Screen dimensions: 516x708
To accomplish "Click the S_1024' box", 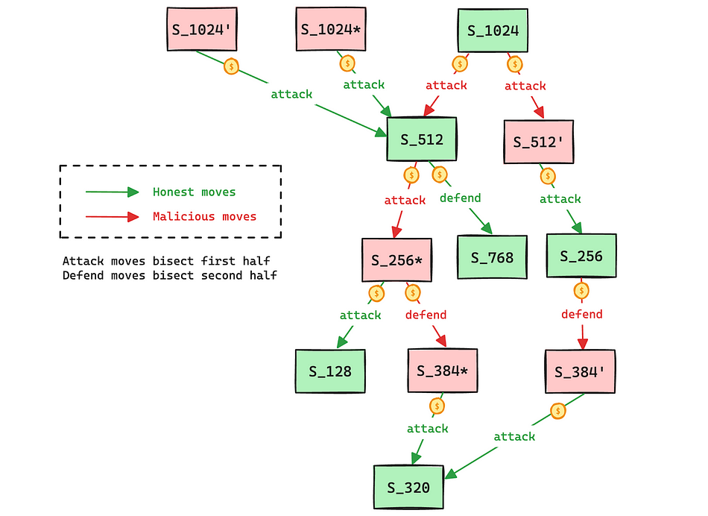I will (x=202, y=30).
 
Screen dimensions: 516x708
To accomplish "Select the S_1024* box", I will (x=332, y=30).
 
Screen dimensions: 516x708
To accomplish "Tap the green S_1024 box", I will (x=493, y=31).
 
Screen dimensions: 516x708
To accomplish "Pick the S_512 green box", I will (x=422, y=139).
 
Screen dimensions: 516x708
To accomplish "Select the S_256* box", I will (x=397, y=260).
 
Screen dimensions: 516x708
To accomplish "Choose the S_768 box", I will (x=492, y=258).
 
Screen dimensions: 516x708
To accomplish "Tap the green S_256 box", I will (x=581, y=257).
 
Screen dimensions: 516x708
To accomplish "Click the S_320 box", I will (x=408, y=488).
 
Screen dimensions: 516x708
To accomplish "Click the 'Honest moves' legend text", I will (x=194, y=192).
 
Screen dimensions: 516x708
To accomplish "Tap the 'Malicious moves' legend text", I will (x=204, y=217).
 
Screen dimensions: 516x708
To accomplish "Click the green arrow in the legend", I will (x=112, y=192).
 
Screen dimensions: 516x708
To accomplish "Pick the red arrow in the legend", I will (x=112, y=217).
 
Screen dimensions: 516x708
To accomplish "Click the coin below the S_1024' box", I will (x=232, y=66).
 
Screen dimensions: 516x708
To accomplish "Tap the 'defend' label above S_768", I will (x=460, y=198).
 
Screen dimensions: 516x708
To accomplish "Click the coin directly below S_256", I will (x=581, y=290).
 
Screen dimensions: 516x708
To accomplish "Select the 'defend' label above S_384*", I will (x=426, y=315).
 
